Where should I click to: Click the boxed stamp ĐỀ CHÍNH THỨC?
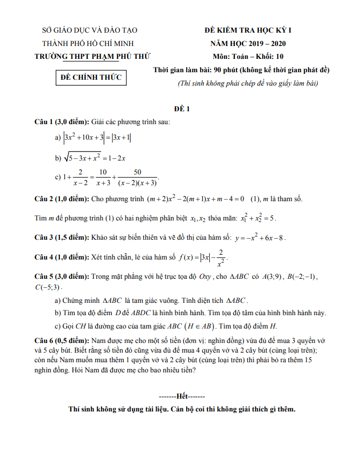point(91,77)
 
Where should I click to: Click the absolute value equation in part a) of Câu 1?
point(97,138)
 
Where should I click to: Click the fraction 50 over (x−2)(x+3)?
point(137,178)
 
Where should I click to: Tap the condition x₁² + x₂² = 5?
point(258,218)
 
